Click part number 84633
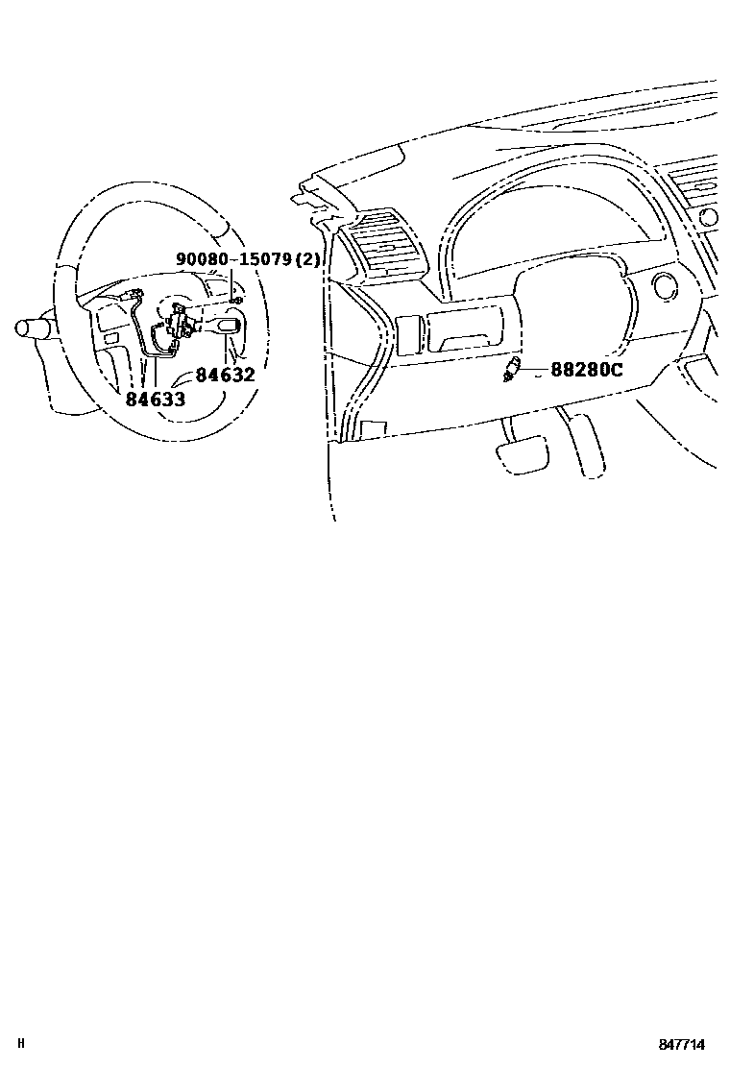click(155, 399)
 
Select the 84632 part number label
click(225, 376)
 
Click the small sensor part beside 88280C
click(513, 370)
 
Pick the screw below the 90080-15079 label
click(236, 300)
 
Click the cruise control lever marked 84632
click(227, 328)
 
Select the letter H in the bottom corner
click(21, 1044)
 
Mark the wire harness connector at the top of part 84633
click(135, 294)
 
